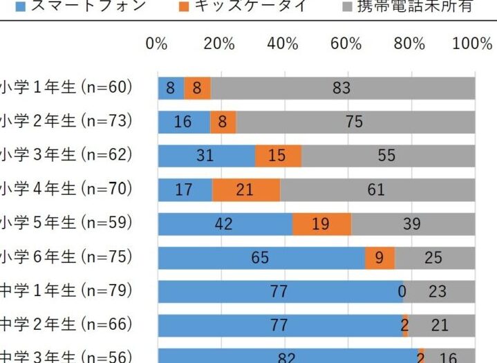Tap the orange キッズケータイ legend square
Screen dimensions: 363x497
coord(184,8)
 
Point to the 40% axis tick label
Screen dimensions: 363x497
coord(283,44)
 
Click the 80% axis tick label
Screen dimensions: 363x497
coord(409,44)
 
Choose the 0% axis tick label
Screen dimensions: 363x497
coord(157,44)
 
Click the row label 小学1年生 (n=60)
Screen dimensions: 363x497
coord(66,88)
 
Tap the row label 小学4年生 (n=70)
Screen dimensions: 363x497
coord(66,189)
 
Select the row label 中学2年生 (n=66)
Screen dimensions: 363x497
coord(66,324)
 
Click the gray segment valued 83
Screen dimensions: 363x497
coord(342,88)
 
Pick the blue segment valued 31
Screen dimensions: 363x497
coord(206,156)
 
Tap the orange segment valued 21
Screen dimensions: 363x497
coord(245,189)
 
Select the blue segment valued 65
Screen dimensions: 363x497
coord(261,257)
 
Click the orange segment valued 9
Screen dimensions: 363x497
coord(379,257)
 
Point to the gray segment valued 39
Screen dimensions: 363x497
coord(413,223)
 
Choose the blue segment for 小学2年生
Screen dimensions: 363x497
coord(183,122)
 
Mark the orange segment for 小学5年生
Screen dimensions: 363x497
coord(321,223)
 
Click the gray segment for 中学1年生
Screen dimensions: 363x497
coord(439,291)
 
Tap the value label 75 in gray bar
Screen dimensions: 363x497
coord(354,122)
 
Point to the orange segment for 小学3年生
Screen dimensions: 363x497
coord(277,156)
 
